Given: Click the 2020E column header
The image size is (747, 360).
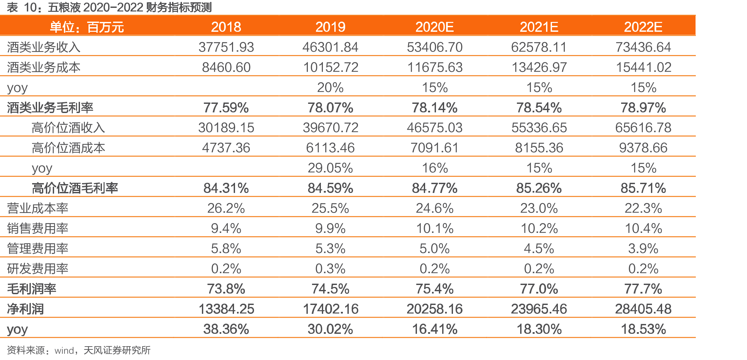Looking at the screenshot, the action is coord(434,27).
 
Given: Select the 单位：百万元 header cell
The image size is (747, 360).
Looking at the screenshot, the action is coord(87,27).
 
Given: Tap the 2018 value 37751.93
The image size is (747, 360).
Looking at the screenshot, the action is coord(226,47).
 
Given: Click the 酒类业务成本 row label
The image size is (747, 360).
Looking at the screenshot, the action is coord(44,67).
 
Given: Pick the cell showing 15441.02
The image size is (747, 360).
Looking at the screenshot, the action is coord(643,67).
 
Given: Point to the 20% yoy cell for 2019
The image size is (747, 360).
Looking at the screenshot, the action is coord(330,87).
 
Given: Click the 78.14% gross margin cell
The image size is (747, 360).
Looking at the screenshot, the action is coord(435,108).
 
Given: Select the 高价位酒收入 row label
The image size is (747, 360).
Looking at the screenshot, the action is coord(69,128).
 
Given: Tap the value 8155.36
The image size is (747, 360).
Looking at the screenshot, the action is coord(539,148).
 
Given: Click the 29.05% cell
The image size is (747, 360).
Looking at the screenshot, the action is coord(330,168).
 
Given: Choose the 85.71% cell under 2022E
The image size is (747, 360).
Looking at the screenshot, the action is coord(643,188).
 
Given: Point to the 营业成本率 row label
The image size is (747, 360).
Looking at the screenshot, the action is coord(38,208).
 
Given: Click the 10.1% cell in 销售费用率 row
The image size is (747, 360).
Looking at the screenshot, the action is coord(435,228).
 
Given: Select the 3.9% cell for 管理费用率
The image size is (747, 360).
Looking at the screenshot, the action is coord(643,249).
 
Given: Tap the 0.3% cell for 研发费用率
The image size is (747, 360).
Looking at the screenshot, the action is coord(330,269).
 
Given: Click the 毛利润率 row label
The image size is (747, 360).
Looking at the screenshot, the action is coord(31,289).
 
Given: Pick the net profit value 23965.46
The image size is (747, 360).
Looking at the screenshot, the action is coord(539,309).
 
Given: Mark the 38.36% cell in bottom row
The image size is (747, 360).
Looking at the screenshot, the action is coord(226,329).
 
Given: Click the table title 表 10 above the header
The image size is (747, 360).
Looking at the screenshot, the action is coord(109,7).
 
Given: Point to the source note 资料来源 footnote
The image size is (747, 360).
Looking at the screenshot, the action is coord(79,350).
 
